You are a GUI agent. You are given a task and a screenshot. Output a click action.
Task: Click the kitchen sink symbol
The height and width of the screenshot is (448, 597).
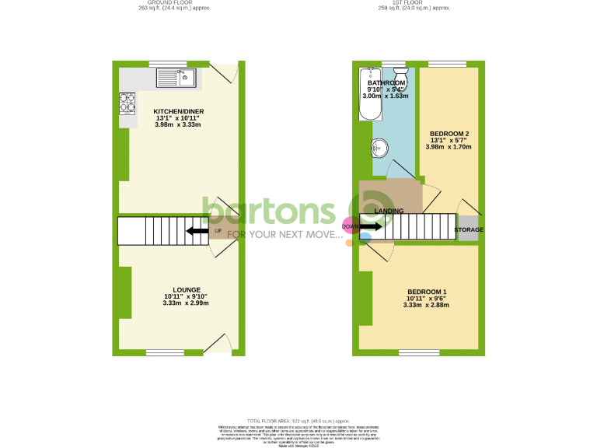(178, 76)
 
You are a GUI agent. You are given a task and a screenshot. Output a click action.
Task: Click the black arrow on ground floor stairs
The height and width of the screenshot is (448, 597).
(197, 230)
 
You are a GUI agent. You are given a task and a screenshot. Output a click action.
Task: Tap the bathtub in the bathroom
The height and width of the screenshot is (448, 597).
(366, 94)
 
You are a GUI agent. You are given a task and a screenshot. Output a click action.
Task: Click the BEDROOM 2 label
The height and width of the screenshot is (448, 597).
(450, 133)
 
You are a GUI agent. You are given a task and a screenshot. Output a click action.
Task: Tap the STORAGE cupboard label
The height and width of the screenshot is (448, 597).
(469, 230)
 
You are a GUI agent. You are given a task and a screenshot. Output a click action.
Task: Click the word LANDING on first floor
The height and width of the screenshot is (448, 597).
(389, 211)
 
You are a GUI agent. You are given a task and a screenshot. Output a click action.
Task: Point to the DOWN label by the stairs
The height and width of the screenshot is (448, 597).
(351, 227)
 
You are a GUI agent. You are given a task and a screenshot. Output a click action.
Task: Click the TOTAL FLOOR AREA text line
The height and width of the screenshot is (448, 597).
(298, 420)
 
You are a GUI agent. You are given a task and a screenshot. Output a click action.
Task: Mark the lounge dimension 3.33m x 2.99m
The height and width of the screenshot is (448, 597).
(186, 303)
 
